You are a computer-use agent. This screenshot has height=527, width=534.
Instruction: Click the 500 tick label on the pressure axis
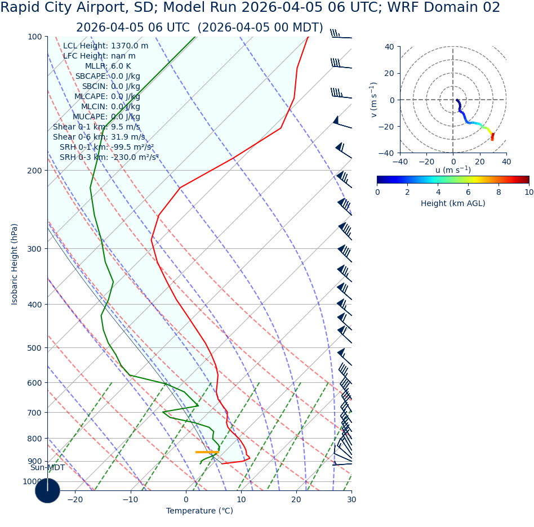tap(34, 348)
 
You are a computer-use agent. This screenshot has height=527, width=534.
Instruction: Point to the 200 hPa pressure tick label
tap(34, 171)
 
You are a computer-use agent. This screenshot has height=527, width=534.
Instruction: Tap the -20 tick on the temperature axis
tap(75, 499)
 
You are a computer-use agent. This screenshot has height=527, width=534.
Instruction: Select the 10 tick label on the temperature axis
tap(241, 499)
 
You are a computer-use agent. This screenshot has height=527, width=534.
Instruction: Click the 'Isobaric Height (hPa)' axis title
tap(15, 264)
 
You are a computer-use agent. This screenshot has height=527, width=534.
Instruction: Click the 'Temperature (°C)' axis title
tap(199, 511)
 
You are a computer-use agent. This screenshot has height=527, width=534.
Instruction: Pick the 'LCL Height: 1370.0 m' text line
tap(106, 46)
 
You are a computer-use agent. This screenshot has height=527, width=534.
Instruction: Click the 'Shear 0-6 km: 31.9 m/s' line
tap(99, 137)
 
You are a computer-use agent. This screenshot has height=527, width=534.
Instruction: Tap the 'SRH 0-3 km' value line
tap(109, 158)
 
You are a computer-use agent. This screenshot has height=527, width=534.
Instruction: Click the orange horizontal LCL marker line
tap(207, 452)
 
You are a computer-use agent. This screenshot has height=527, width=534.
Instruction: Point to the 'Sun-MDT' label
tap(47, 468)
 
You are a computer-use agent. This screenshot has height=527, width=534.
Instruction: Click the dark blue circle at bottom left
tap(47, 490)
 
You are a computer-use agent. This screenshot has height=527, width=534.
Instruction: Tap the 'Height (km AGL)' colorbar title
tap(453, 204)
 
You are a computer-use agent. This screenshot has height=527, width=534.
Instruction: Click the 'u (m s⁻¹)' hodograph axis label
tap(453, 170)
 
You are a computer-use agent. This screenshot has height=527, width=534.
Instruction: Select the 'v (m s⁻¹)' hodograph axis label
tap(373, 100)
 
